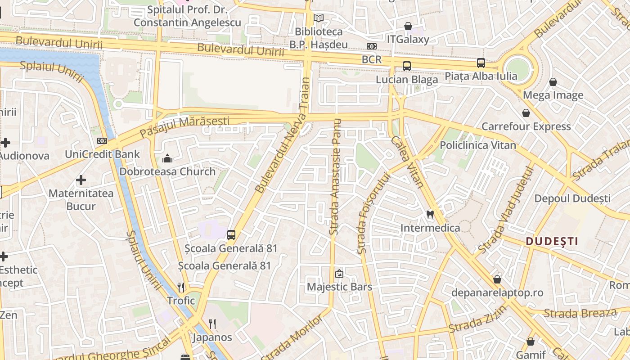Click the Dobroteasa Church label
point(167,171)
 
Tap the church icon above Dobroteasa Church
point(167,158)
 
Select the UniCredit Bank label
point(103,154)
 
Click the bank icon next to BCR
point(371,46)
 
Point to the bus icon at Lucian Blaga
point(407,66)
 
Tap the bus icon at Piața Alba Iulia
point(481,63)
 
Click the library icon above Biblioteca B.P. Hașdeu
point(319,18)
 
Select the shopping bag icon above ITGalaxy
point(408,26)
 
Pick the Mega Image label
point(553,95)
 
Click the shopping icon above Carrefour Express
point(526,113)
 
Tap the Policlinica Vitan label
point(478,145)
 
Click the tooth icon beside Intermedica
point(430,215)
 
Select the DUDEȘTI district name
point(552,241)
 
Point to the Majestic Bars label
point(339,287)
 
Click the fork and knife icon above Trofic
point(181,287)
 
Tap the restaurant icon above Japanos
point(212,324)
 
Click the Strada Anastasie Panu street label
point(335,177)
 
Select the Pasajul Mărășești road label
point(184,126)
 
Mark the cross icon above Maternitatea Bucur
point(81,180)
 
